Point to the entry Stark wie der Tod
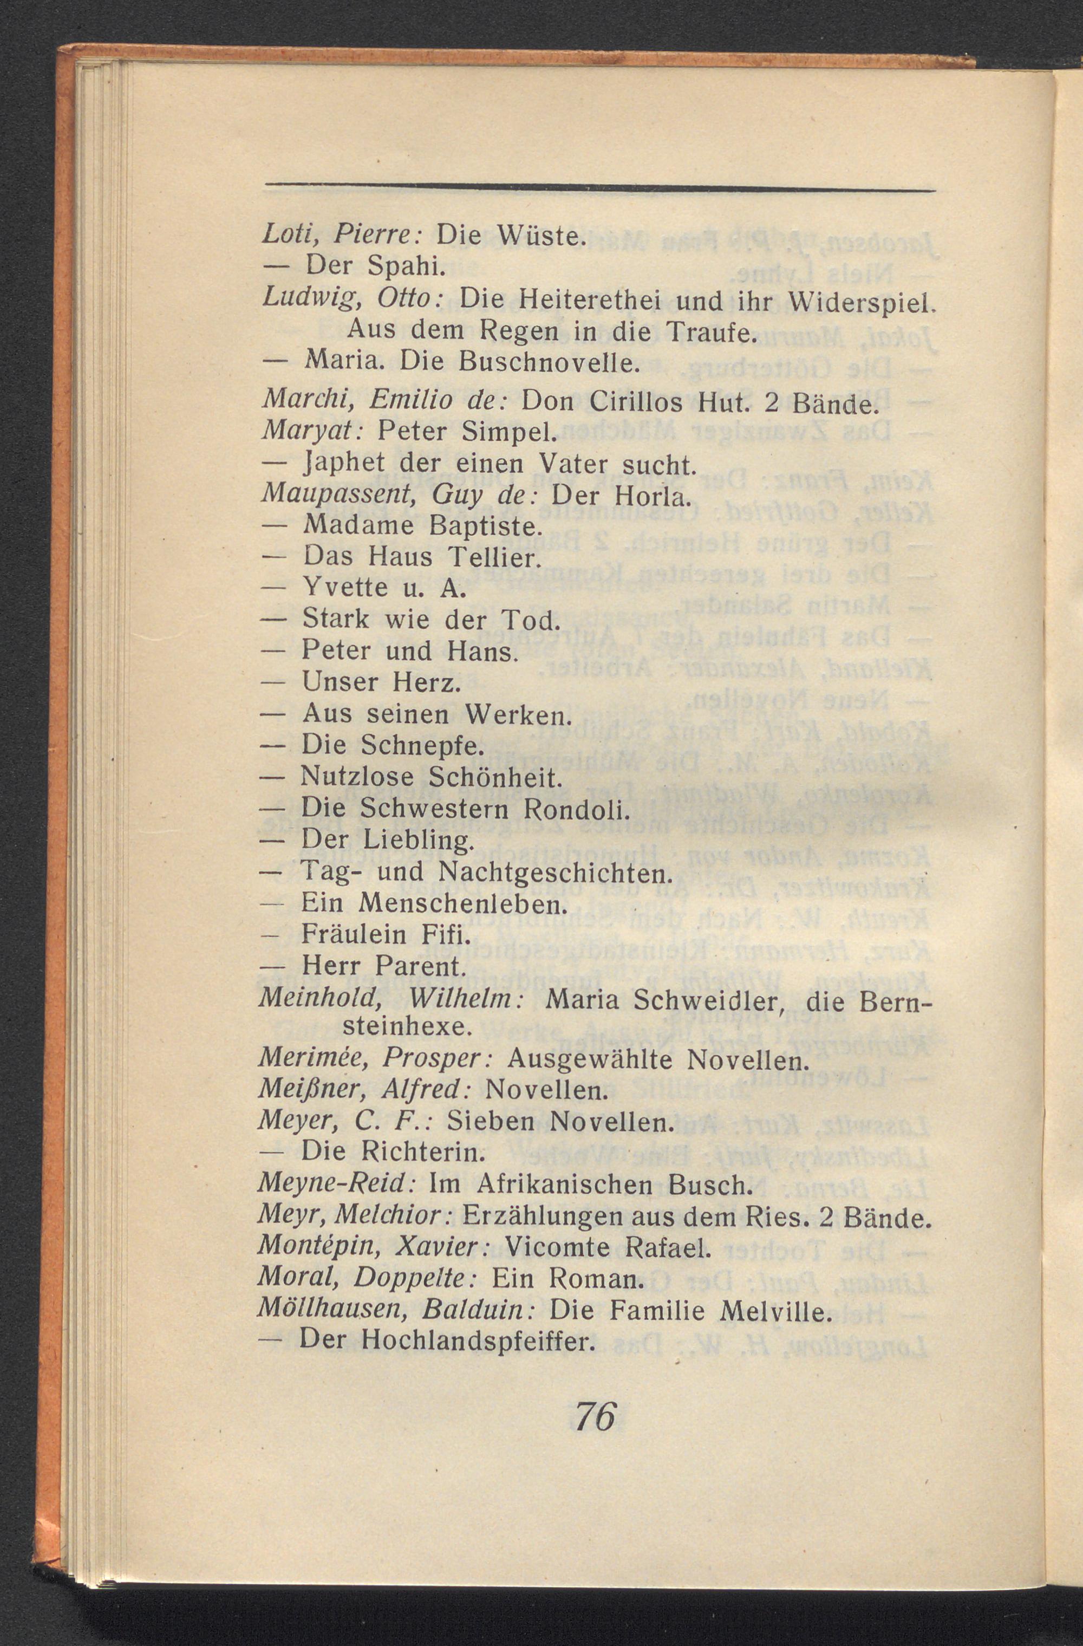tap(429, 620)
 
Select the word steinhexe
tap(408, 1027)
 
